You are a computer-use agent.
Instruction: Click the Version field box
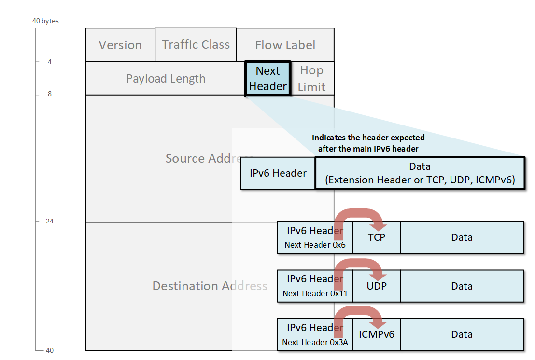click(120, 45)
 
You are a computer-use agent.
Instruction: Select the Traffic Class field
click(196, 44)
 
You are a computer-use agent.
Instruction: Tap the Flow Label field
click(285, 45)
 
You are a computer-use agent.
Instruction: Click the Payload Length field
click(166, 79)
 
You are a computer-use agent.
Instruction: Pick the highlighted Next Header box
click(267, 78)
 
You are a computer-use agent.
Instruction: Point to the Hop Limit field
click(311, 78)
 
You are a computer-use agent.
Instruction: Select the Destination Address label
click(210, 286)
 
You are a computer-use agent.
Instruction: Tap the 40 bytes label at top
click(45, 21)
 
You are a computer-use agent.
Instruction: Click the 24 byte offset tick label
click(50, 221)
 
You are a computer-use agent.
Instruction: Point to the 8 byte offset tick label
click(50, 94)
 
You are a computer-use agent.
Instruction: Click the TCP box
click(377, 237)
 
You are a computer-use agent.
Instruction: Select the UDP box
click(377, 286)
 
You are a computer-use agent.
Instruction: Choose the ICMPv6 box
click(377, 334)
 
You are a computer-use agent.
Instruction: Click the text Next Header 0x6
click(315, 245)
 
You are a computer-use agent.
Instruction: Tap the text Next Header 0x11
click(315, 293)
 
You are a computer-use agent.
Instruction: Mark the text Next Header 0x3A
click(315, 342)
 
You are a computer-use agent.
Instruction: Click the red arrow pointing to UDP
click(360, 268)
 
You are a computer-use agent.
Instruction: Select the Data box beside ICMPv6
click(462, 334)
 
